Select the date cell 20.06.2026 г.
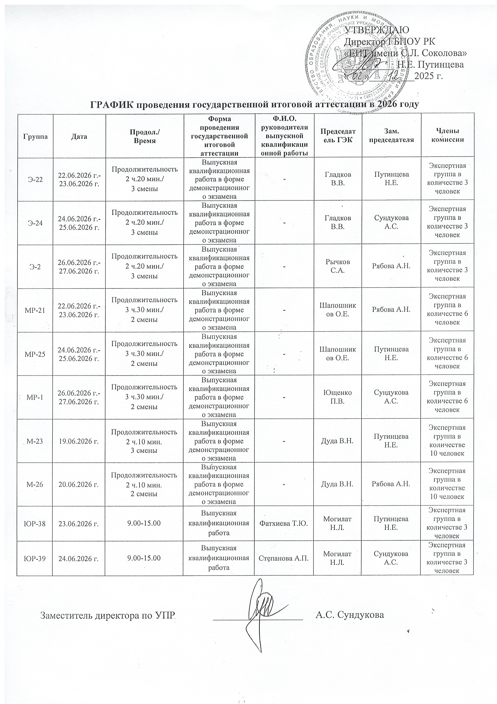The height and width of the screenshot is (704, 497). (79, 484)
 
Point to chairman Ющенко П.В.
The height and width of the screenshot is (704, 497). (338, 397)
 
